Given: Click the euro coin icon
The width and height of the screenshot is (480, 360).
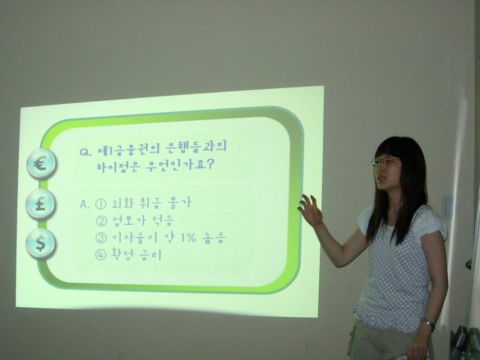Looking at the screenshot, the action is [x=41, y=164].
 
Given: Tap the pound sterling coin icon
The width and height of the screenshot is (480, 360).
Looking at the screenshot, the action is [x=41, y=204].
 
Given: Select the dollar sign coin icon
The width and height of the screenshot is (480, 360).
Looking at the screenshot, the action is [x=41, y=244].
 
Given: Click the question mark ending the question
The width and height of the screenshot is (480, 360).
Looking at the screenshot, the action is [x=209, y=165].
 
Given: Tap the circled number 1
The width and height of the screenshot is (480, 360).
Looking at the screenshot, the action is [x=101, y=204].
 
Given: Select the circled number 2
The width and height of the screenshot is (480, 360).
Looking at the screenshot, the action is [x=101, y=221].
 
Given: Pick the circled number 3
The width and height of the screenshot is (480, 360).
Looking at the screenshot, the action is [x=101, y=238].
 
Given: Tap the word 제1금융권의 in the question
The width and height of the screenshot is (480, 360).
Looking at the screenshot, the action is [x=129, y=149].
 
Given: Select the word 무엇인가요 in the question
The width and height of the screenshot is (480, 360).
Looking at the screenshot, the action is [x=175, y=166].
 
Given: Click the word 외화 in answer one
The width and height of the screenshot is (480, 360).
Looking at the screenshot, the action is [x=122, y=203].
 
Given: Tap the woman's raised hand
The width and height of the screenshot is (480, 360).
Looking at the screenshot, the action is [x=310, y=210].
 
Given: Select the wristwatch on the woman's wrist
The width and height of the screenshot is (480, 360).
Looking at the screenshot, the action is [x=428, y=323].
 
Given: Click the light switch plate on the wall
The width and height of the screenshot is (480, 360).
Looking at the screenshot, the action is [x=447, y=206].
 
